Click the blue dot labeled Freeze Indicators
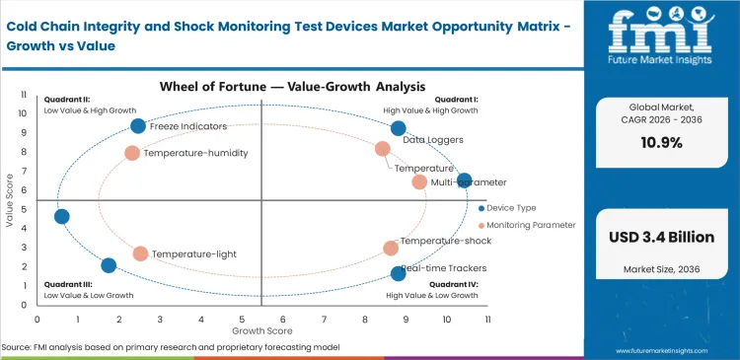(x=138, y=125)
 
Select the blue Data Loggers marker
(x=399, y=128)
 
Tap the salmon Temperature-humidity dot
(x=132, y=153)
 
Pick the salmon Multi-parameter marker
(x=419, y=181)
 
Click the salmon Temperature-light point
(x=140, y=253)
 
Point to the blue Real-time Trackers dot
(x=399, y=273)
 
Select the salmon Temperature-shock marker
(x=391, y=249)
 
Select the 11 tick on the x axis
(x=487, y=319)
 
